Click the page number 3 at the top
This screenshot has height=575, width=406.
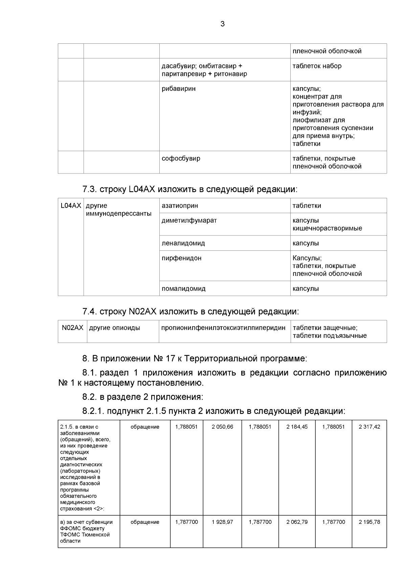coord(222,24)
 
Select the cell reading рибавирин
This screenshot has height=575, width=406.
coord(179,89)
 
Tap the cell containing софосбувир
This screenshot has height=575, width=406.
coord(181,159)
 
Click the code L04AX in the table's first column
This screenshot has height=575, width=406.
coord(71,206)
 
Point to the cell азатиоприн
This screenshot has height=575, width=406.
coord(180,206)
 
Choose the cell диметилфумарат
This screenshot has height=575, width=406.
coord(189,221)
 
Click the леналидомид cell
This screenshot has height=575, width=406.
coord(183,243)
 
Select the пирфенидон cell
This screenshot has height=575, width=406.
coord(181,258)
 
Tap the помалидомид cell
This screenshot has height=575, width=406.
coord(183,289)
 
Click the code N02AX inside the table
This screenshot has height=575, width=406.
coord(72,328)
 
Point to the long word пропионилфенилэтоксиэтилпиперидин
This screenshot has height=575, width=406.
coord(223,328)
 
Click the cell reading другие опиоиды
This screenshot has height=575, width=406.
coord(114,328)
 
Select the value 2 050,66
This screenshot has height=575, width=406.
coord(222,427)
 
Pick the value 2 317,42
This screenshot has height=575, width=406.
coord(369,427)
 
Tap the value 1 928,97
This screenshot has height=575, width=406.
coord(222,522)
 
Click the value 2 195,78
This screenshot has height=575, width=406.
coord(369,522)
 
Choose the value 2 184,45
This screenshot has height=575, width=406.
coord(297,427)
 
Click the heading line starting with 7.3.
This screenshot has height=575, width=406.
coord(190,189)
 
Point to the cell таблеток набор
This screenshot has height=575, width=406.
coord(317,66)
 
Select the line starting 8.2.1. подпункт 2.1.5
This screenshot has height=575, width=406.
coord(213,411)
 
